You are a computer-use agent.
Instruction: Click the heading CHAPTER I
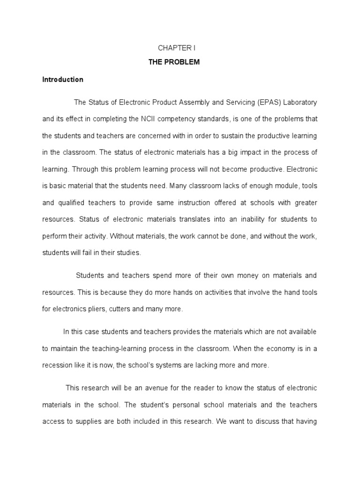click(180, 49)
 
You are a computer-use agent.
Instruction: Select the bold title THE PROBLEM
click(180, 62)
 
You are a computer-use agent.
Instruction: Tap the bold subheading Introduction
click(63, 80)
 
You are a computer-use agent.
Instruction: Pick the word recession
click(58, 365)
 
